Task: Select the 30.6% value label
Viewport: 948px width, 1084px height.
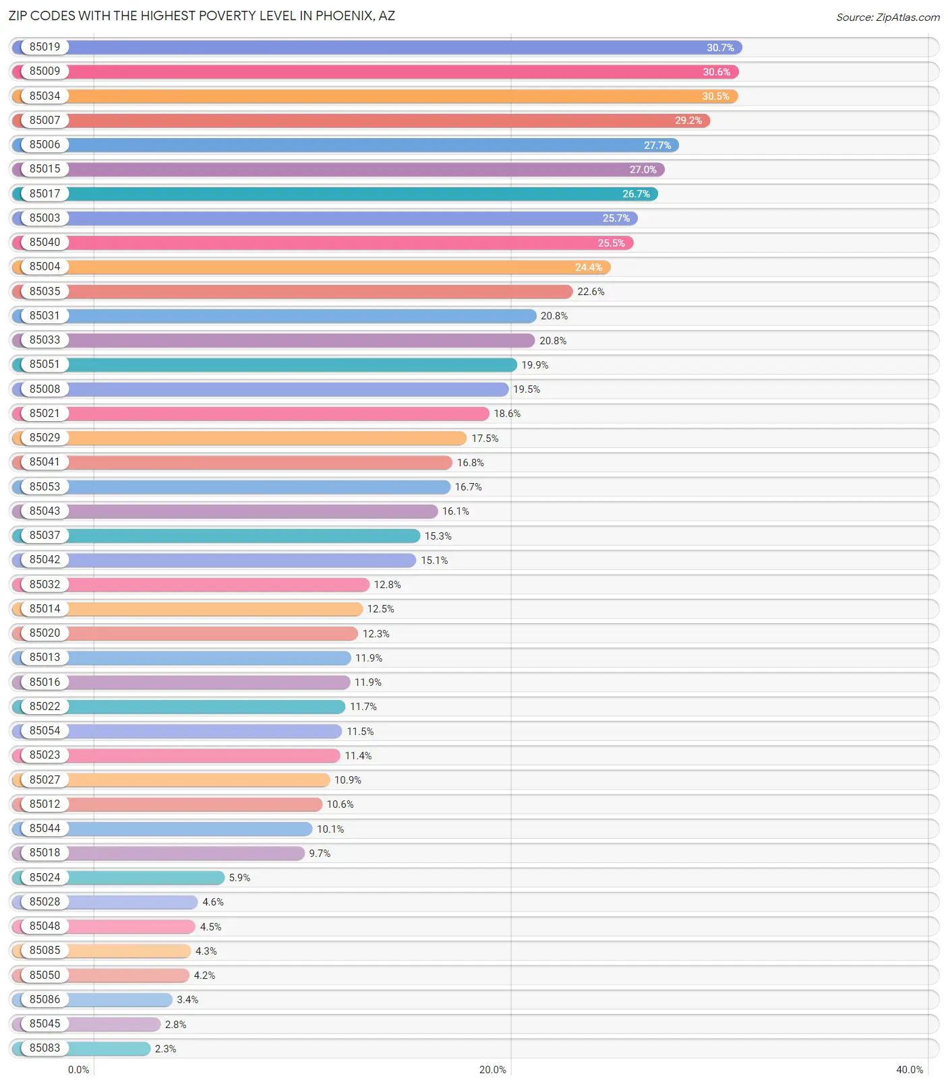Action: pos(716,72)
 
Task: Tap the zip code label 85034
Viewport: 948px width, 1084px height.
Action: pos(45,96)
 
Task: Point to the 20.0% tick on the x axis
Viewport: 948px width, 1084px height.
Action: pos(492,1070)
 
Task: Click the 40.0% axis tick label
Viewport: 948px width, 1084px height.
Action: pos(909,1070)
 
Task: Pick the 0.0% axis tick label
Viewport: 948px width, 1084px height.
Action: pos(79,1070)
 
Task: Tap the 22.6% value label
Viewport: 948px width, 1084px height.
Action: pos(591,292)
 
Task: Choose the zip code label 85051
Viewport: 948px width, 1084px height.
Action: pos(45,364)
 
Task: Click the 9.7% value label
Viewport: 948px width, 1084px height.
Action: pos(320,854)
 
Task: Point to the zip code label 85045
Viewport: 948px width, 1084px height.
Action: pos(45,1024)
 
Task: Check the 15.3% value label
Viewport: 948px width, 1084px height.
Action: pos(438,536)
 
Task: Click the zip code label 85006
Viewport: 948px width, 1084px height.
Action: pos(45,145)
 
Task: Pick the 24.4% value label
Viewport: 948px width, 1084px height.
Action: pos(588,267)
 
